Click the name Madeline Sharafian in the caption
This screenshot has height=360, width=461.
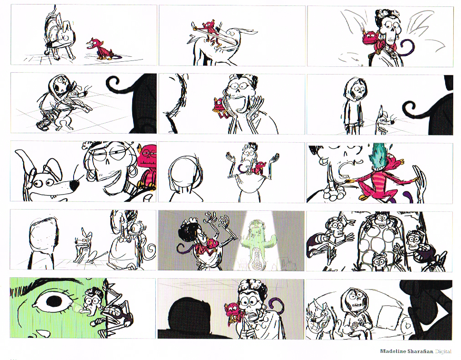pos(406,351)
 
